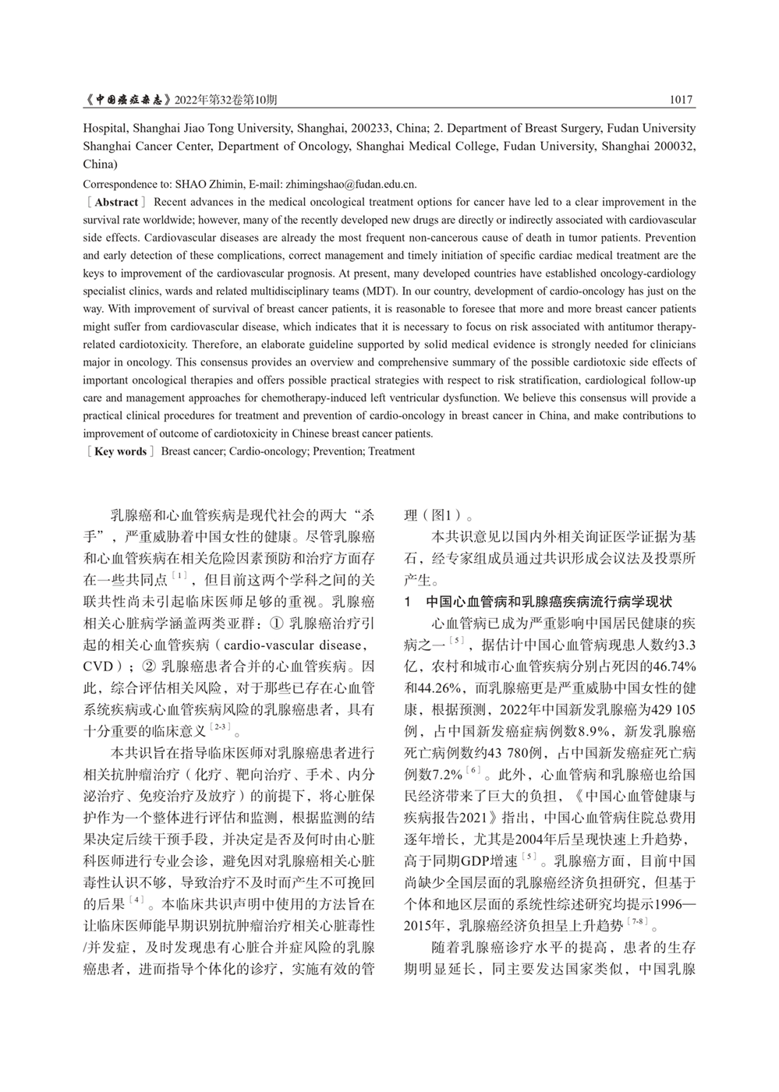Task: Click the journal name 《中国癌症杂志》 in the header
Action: coord(128,101)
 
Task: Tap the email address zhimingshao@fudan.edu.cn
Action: coord(352,185)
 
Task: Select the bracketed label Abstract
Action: coord(116,202)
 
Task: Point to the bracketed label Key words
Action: coord(120,451)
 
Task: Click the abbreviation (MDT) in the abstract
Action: coord(382,291)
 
